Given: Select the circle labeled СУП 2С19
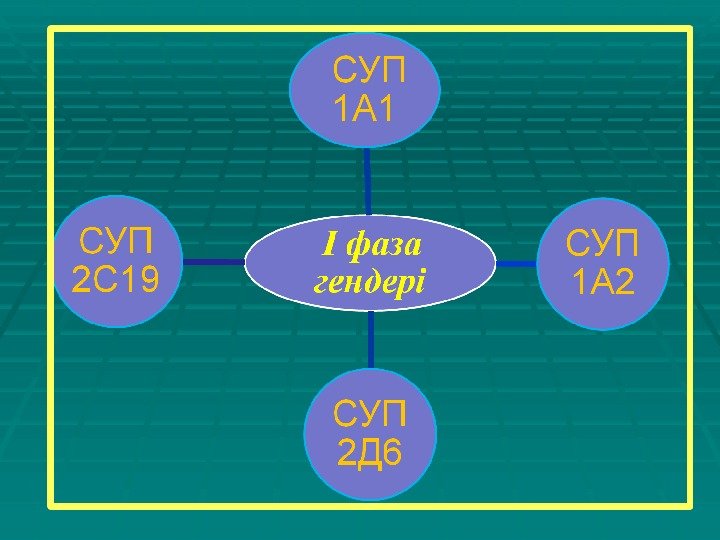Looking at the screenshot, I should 118,261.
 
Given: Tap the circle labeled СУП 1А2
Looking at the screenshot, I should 602,262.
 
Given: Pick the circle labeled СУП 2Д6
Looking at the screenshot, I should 370,434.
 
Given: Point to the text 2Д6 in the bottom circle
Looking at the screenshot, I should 370,454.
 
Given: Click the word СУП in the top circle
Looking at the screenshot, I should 370,71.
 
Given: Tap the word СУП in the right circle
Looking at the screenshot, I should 602,243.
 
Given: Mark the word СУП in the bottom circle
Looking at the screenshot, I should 370,414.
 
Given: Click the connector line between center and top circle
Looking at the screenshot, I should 367,180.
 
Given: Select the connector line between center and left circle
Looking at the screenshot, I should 215,262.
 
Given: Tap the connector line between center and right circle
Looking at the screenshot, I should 516,263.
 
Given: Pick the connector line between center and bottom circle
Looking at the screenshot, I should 370,340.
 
